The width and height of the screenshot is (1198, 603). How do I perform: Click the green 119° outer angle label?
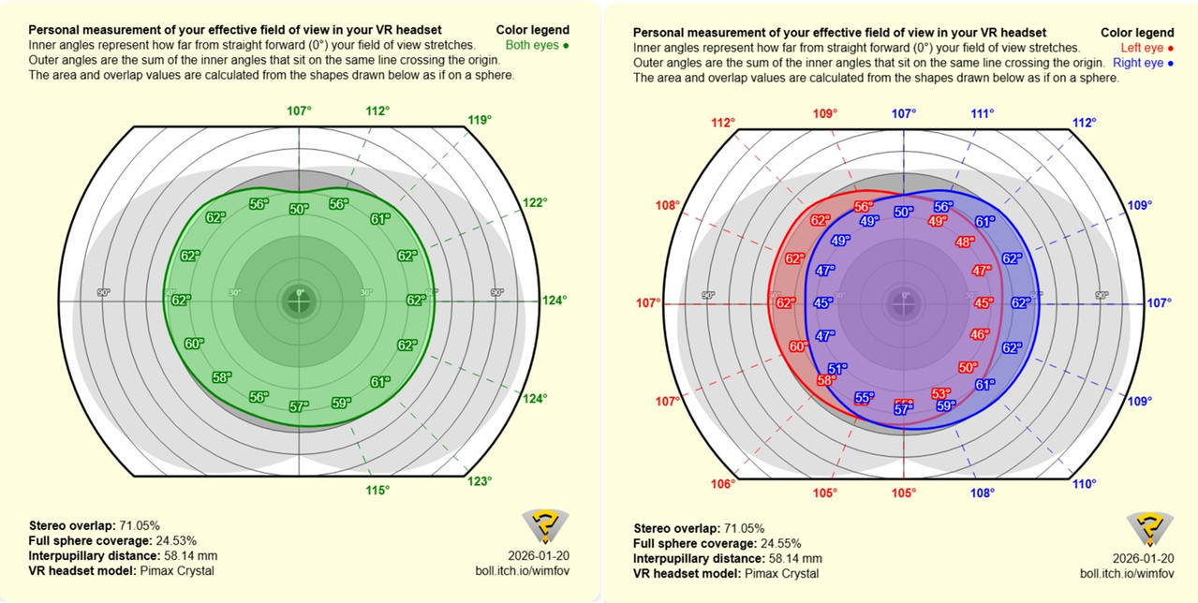click(x=481, y=119)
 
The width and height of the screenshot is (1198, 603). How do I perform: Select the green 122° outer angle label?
click(x=535, y=202)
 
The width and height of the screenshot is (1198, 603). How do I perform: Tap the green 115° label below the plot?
click(x=377, y=490)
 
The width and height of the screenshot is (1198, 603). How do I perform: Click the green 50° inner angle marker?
click(x=299, y=209)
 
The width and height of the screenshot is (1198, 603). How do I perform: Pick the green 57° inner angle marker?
click(x=299, y=406)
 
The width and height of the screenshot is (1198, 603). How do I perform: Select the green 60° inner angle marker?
click(x=194, y=344)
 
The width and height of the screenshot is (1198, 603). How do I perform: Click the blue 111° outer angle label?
click(x=983, y=113)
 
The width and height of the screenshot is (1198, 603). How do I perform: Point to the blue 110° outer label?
click(x=1084, y=484)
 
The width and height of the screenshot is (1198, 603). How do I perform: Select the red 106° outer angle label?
click(x=722, y=484)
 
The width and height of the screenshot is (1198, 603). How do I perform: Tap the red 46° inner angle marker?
click(x=979, y=334)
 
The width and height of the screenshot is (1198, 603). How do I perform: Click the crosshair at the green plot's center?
click(x=300, y=301)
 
